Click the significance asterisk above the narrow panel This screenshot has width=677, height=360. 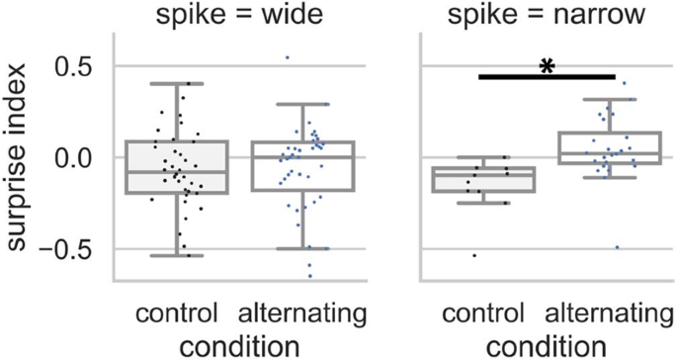click(546, 66)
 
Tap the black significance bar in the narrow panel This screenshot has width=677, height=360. click(546, 76)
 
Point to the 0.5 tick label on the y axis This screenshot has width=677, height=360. click(79, 67)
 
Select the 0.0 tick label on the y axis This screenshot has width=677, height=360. click(79, 157)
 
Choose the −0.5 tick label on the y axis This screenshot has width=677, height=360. click(73, 248)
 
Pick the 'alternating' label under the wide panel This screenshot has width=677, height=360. click(304, 315)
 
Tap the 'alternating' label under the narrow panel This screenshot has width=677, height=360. click(609, 315)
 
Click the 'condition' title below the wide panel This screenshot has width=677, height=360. click(240, 345)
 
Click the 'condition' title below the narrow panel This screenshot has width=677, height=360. click(547, 345)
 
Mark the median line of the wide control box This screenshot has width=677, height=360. click(177, 171)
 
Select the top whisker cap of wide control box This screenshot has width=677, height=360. click(177, 84)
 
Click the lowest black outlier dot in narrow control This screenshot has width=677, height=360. click(473, 255)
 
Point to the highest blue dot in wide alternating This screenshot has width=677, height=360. click(288, 57)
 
